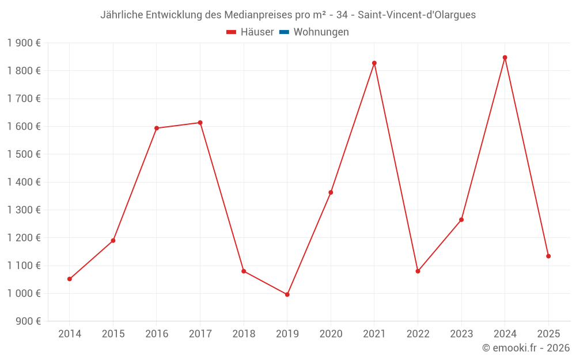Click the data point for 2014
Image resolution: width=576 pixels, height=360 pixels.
pos(70,279)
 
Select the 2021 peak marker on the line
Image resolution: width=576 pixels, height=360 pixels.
pos(374,63)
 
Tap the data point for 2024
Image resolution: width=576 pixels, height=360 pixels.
pos(505,58)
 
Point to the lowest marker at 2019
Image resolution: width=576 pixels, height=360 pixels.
pos(287,294)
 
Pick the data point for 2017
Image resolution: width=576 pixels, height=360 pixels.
pos(200,123)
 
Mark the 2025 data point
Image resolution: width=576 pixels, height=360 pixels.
pos(548,256)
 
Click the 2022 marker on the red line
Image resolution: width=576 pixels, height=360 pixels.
pos(418,271)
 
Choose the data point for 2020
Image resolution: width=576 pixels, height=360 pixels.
pos(331,192)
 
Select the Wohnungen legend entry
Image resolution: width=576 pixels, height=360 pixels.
pos(321,32)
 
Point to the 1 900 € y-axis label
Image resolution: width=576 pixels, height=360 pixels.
pos(24,43)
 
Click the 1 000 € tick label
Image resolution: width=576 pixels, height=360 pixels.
pos(24,293)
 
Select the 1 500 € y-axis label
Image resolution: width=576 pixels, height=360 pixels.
pos(24,154)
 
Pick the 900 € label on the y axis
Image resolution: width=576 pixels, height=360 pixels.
pos(27,321)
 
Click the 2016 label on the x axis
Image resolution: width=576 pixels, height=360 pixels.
pos(157,334)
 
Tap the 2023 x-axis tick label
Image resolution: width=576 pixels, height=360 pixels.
pos(461,334)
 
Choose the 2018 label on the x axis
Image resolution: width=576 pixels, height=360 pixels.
pos(244,334)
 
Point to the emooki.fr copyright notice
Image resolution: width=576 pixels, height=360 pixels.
pos(525,348)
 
